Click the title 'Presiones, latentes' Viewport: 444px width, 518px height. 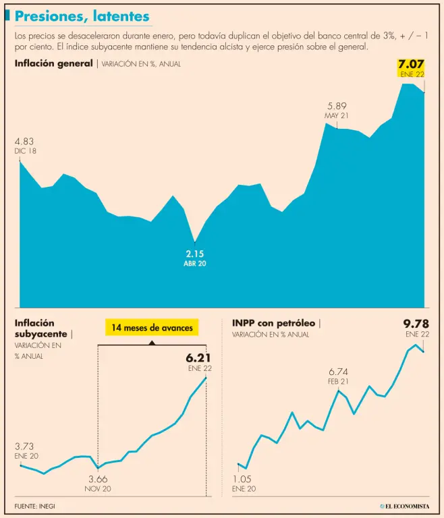(x=82, y=16)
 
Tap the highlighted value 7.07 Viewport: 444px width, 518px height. (x=412, y=66)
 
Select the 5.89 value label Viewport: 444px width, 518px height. (x=337, y=106)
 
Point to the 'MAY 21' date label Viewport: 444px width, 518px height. (x=337, y=116)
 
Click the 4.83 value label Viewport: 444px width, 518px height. (x=24, y=142)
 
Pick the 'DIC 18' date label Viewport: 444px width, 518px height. (x=25, y=151)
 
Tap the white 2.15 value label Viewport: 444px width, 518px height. (x=194, y=254)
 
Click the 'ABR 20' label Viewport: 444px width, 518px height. (x=194, y=264)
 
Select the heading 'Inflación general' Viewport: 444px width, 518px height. (x=53, y=63)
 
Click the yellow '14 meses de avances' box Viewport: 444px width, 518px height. (x=151, y=328)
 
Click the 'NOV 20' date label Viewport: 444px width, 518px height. (x=98, y=489)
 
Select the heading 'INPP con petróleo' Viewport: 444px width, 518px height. (x=273, y=323)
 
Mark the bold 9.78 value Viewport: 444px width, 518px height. (x=416, y=324)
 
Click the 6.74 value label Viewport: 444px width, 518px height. (x=339, y=372)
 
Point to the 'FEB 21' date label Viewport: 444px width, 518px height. (x=339, y=382)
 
